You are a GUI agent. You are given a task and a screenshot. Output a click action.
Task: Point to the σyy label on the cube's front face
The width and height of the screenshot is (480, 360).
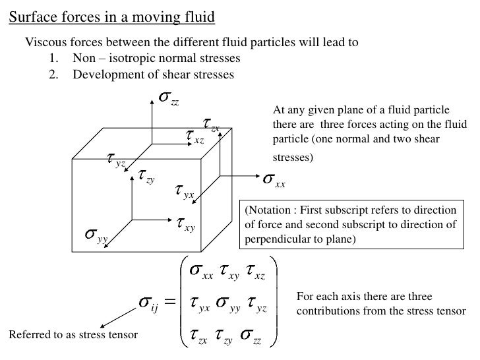point(96,236)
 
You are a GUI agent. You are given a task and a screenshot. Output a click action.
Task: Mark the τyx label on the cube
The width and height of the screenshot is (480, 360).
point(184,191)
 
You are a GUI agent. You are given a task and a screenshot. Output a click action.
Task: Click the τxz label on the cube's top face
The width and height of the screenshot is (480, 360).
point(195,137)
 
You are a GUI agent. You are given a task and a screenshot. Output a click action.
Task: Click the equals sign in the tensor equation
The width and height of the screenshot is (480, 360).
point(169,303)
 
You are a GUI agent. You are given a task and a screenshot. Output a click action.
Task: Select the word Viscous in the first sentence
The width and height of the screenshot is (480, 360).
point(45,44)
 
